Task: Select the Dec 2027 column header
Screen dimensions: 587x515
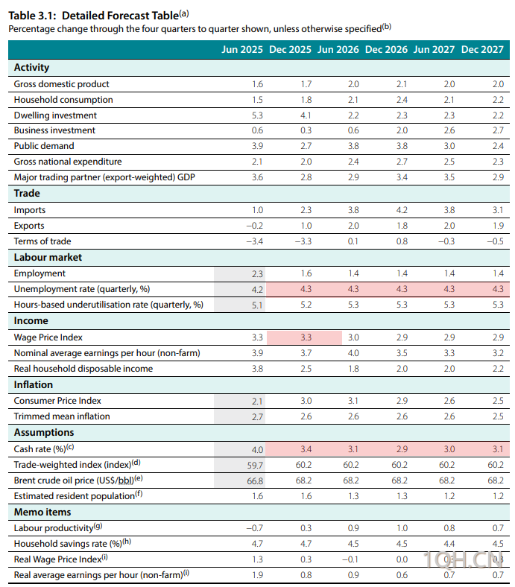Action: click(x=482, y=50)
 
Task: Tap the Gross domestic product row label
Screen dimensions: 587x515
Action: click(x=61, y=84)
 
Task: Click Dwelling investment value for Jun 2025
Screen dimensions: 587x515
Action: click(x=257, y=115)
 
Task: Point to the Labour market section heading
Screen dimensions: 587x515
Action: click(x=48, y=257)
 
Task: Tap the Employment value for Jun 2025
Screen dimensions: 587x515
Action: click(x=257, y=273)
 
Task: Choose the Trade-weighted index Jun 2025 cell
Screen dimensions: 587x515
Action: click(x=255, y=464)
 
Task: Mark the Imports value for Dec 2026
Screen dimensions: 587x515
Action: click(x=401, y=210)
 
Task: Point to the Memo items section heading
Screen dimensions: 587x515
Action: click(x=42, y=512)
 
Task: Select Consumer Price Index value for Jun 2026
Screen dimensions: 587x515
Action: click(x=353, y=401)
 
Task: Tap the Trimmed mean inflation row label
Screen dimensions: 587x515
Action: click(x=62, y=416)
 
